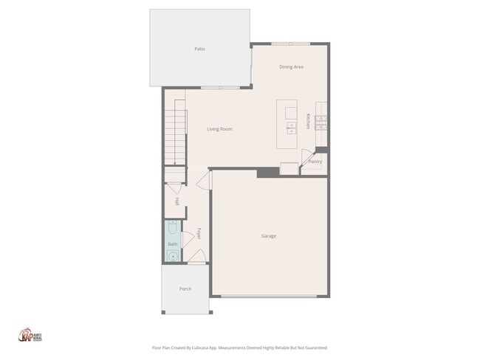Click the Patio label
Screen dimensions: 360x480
click(199, 49)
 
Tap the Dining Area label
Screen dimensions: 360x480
click(291, 67)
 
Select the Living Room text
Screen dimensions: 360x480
click(219, 129)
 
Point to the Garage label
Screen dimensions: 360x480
click(269, 236)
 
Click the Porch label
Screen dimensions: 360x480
click(185, 288)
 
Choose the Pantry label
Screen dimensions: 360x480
click(315, 161)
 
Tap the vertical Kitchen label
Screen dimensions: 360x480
click(309, 121)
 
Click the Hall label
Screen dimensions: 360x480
click(177, 201)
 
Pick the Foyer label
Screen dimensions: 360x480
click(199, 234)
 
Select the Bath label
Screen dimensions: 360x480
click(173, 243)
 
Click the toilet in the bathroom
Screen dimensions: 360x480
click(172, 228)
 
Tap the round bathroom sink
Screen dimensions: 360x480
click(172, 256)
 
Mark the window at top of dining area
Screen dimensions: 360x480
click(290, 44)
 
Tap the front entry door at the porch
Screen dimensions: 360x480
click(196, 261)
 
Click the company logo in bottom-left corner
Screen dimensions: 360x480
click(27, 336)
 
